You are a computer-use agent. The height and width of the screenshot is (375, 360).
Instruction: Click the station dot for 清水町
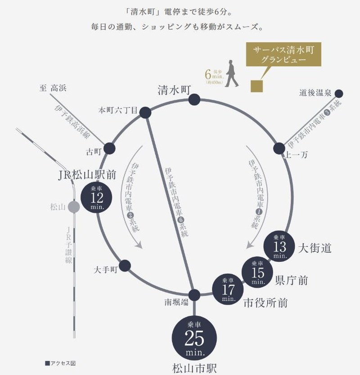pyautogui.click(x=194, y=99)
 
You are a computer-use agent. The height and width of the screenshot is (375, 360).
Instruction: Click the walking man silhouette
pyautogui.click(x=232, y=73)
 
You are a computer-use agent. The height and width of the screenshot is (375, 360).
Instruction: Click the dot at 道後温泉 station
pyautogui.click(x=339, y=94)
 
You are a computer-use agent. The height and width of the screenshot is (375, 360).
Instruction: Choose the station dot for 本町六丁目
pyautogui.click(x=145, y=112)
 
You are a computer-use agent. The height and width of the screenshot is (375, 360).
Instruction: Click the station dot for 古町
pyautogui.click(x=109, y=148)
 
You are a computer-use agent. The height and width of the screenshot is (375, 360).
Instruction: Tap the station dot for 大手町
pyautogui.click(x=125, y=265)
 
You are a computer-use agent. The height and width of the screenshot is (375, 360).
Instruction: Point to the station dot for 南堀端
pyautogui.click(x=194, y=295)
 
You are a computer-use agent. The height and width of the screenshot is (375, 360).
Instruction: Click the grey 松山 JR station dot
pyautogui.click(x=73, y=207)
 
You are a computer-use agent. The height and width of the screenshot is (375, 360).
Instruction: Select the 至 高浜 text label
pyautogui.click(x=53, y=89)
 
